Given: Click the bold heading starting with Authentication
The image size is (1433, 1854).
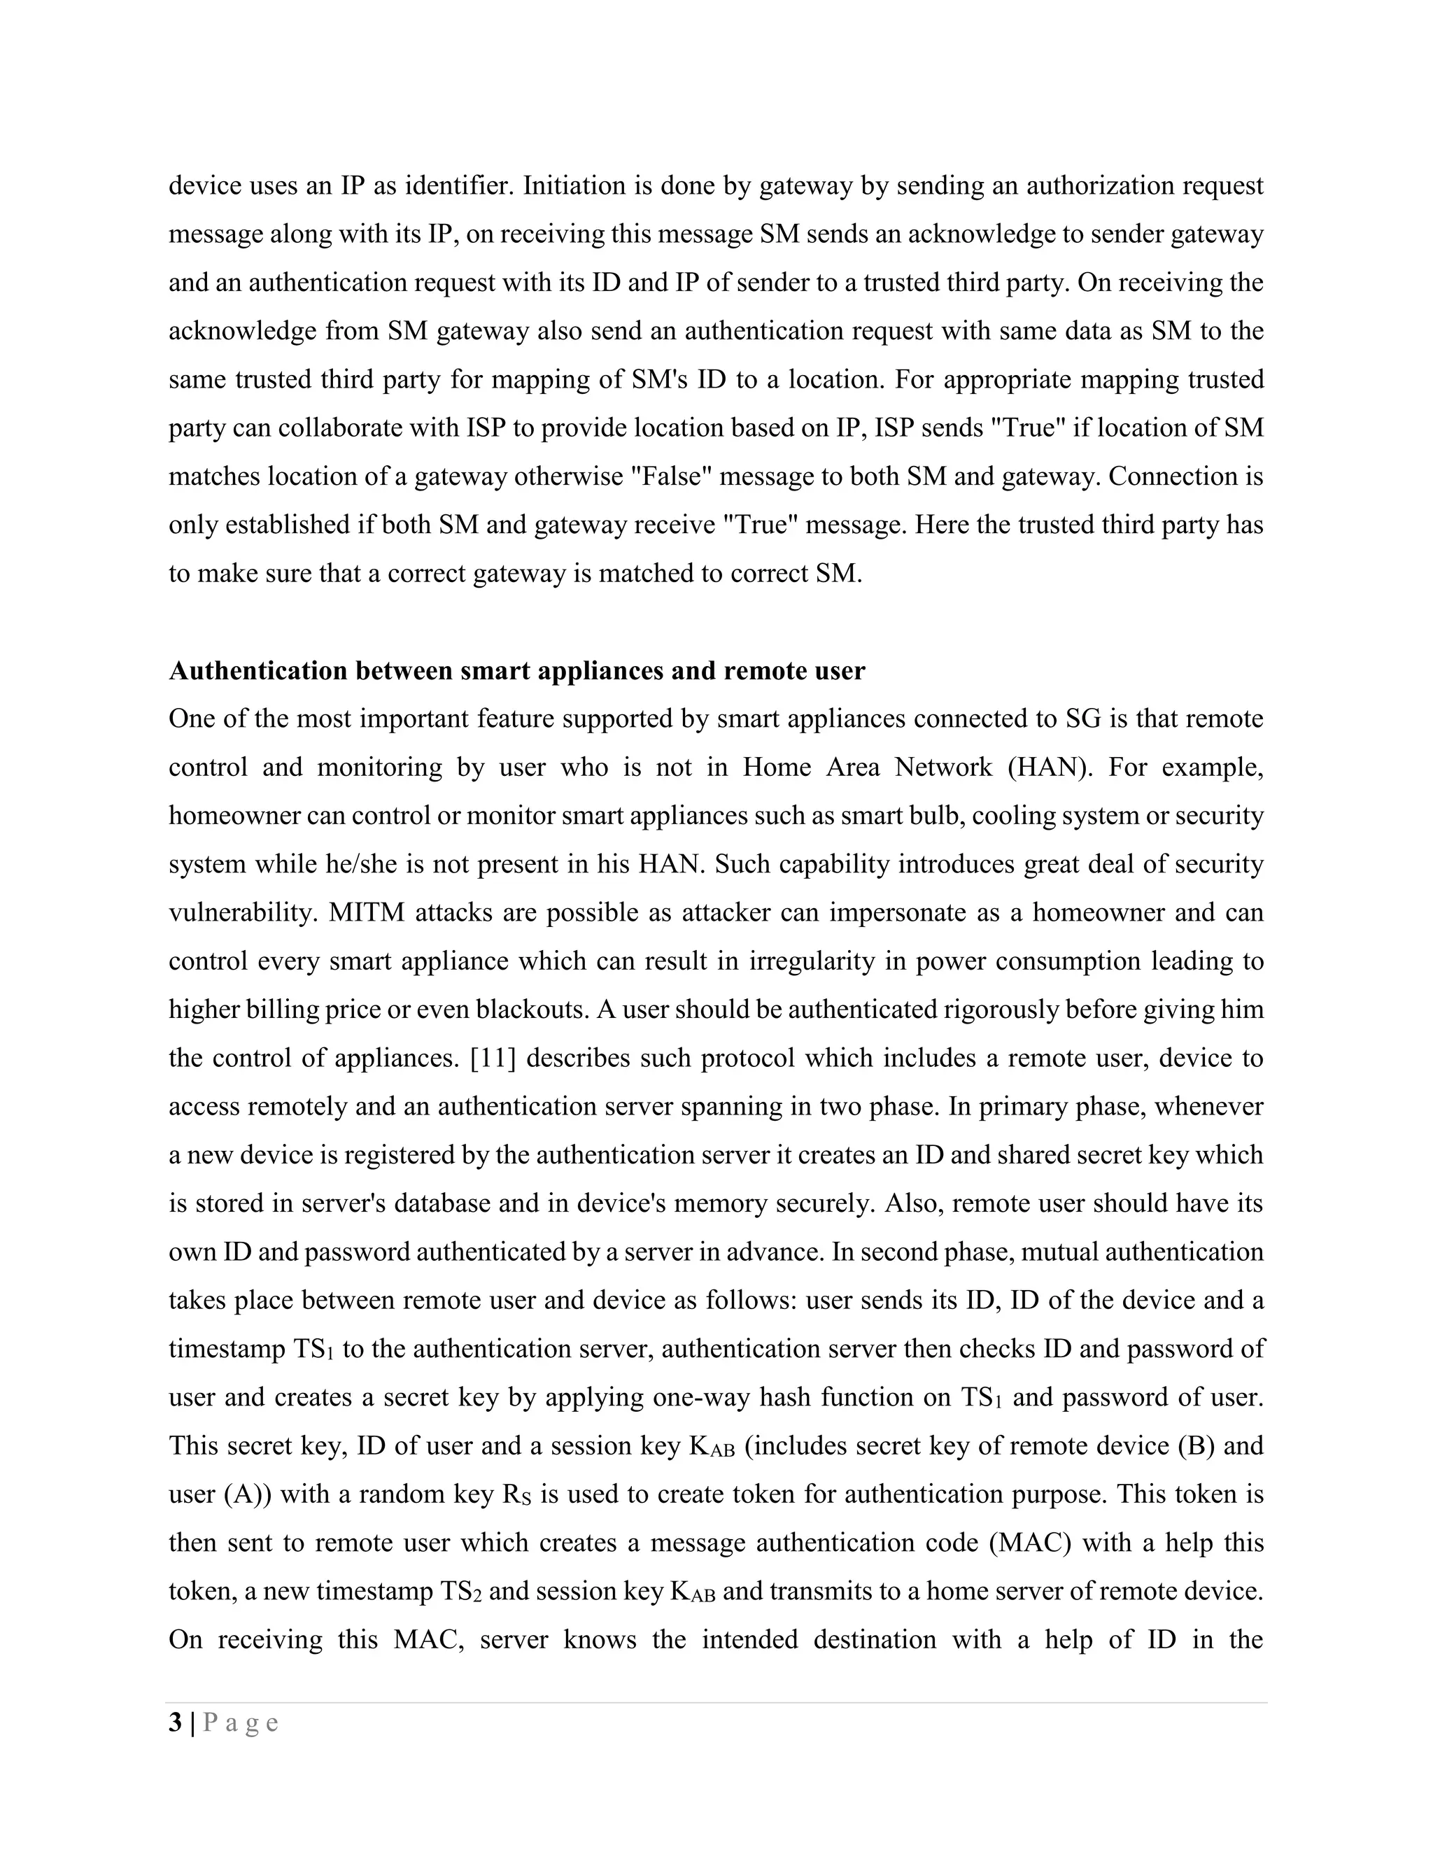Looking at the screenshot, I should click(x=516, y=671).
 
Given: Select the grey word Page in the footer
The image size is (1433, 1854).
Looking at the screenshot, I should click(x=241, y=1723).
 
